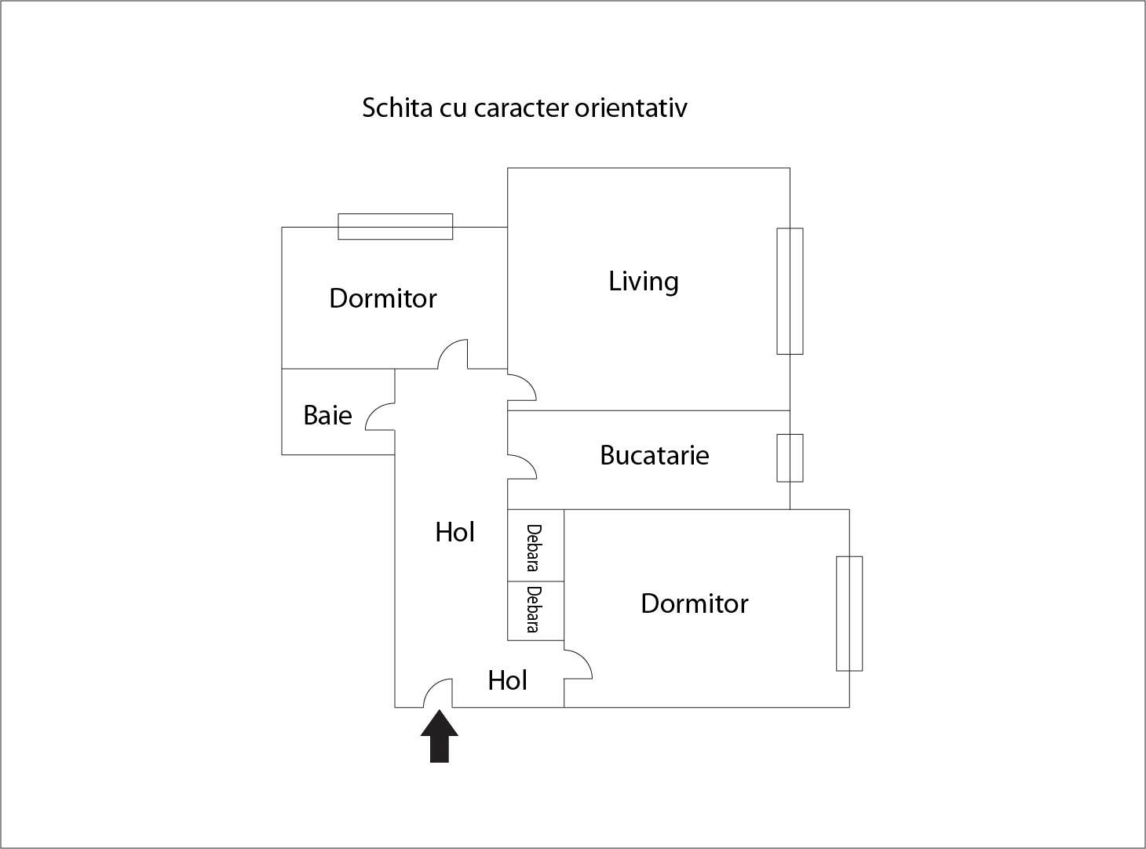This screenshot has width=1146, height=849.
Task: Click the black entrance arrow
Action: (439, 737)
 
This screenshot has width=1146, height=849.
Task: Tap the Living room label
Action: (643, 281)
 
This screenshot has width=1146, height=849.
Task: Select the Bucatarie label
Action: (654, 455)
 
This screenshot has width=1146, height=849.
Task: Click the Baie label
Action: (327, 415)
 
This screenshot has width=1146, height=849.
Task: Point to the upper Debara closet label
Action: (534, 547)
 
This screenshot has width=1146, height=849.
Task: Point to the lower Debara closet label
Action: (534, 609)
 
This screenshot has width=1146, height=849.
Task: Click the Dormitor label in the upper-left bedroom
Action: (382, 298)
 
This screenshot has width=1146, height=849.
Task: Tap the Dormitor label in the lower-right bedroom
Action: (694, 603)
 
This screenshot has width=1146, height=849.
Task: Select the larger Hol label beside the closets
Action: (454, 532)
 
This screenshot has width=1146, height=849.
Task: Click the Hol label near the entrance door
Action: (507, 680)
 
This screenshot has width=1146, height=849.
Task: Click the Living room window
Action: (790, 291)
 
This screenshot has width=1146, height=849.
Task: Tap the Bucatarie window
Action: (790, 457)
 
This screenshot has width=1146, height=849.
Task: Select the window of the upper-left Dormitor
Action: (395, 226)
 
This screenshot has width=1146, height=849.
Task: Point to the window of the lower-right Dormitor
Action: (849, 614)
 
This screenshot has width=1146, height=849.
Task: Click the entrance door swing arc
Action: (436, 690)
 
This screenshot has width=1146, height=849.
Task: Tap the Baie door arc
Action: (379, 414)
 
